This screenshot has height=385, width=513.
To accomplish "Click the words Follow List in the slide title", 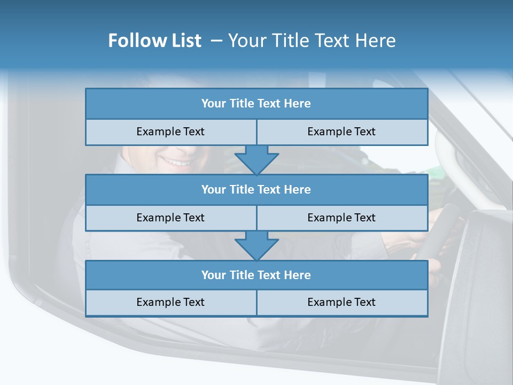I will (154, 41).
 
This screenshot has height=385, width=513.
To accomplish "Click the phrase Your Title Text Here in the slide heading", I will (312, 41).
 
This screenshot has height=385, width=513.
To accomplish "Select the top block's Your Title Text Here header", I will (256, 104).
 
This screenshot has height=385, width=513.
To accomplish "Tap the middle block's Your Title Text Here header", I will (256, 189).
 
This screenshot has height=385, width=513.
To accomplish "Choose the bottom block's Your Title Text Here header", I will (256, 275).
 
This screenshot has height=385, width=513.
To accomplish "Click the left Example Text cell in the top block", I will (170, 132).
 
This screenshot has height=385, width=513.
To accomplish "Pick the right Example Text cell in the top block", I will (341, 132).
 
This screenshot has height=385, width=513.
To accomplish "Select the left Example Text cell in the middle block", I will (170, 218).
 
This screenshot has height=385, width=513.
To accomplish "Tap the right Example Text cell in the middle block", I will (341, 218).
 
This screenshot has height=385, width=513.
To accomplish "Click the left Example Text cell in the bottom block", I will (170, 302).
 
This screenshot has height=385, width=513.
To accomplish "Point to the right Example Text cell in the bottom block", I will (341, 302).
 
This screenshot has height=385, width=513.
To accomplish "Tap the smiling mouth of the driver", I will (178, 161).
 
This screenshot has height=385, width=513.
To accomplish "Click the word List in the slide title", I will (186, 41).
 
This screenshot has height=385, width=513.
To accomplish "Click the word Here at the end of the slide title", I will (376, 41).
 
